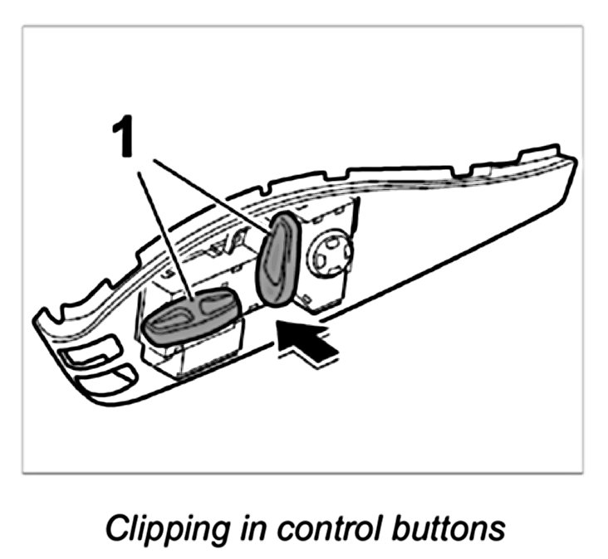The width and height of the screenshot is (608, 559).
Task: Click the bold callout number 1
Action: point(124,138)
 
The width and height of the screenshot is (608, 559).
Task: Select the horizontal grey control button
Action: point(193,314)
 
